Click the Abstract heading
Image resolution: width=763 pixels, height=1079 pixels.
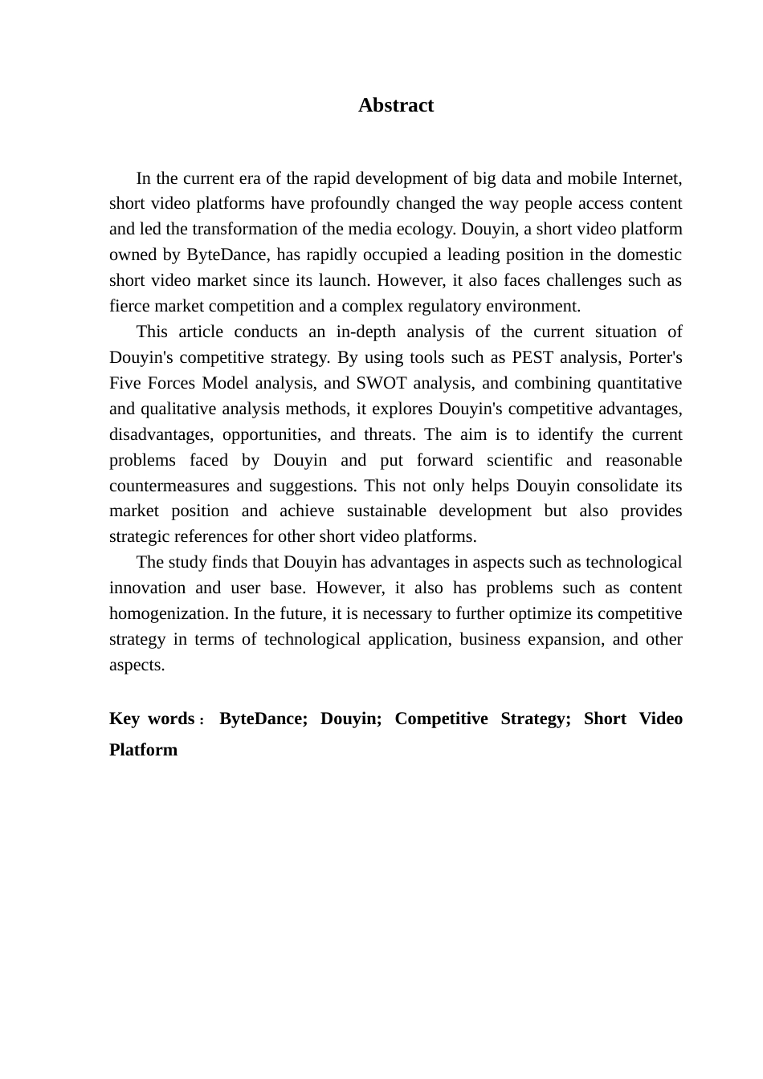point(396,105)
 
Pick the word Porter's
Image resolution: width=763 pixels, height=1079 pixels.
point(655,357)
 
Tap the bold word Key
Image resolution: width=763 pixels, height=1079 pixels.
point(124,719)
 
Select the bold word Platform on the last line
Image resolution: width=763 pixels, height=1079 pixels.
point(144,750)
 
